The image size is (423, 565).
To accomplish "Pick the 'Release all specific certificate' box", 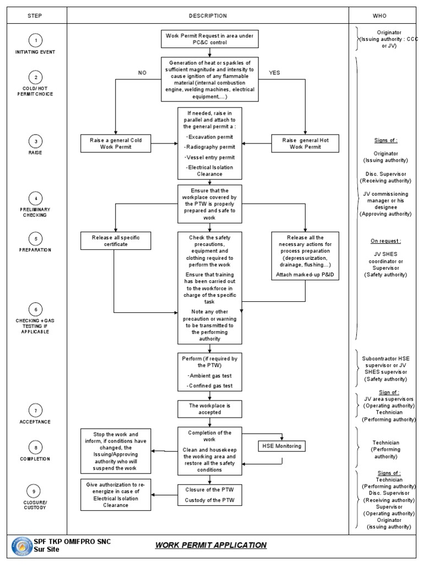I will (x=115, y=241).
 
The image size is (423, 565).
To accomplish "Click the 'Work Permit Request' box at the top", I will (x=209, y=39).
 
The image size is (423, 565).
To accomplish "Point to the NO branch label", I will (x=142, y=72).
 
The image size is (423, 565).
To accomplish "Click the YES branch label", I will (x=275, y=72).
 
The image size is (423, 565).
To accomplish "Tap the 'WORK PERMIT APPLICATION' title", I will (x=210, y=545).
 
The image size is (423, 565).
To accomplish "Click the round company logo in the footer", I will (x=22, y=546).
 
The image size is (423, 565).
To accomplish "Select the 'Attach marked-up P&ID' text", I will (x=305, y=275).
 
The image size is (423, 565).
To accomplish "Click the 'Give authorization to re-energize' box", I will (x=115, y=495).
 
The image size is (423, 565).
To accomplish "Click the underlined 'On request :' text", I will (x=385, y=241).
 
